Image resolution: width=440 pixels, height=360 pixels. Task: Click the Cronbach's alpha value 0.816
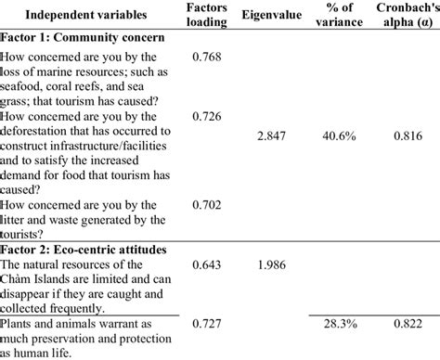[397, 135]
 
